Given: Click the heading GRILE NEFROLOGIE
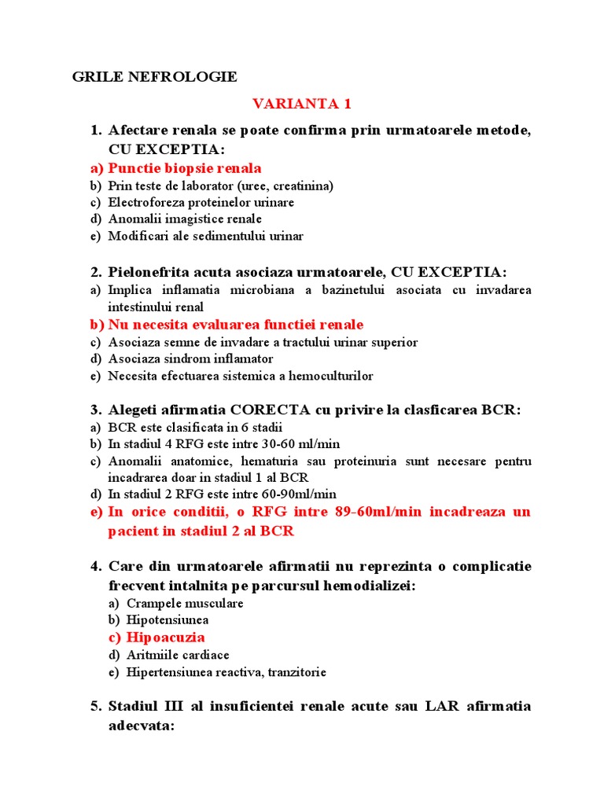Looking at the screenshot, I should click(154, 77).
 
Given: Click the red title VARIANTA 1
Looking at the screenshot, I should click(300, 104).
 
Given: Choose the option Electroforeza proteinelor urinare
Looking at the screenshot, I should click(201, 202).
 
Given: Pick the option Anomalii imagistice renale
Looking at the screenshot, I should click(185, 219).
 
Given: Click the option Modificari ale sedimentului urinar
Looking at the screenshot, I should click(205, 235).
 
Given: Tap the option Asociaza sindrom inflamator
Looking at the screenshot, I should click(190, 358).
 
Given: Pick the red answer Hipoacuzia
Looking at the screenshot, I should click(165, 637).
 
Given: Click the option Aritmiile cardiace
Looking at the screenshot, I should click(178, 655).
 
